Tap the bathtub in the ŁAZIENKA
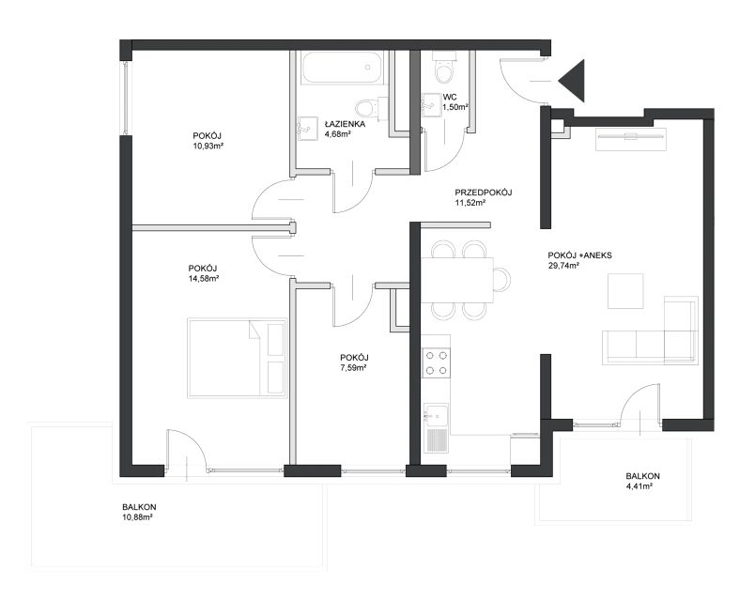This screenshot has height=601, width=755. tap(342, 68)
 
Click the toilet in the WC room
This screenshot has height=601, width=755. tap(443, 68)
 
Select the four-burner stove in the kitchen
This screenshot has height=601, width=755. tap(437, 363)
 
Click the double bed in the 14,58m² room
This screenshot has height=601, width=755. tap(237, 358)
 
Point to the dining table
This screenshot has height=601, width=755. tap(457, 280)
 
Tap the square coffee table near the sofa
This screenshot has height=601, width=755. tap(625, 291)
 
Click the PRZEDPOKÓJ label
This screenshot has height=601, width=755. tap(483, 193)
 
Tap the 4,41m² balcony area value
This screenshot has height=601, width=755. tap(639, 486)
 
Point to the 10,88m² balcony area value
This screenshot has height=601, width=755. tap(138, 517)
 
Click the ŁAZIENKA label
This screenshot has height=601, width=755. tap(345, 124)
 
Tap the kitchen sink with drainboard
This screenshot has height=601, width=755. tap(436, 427)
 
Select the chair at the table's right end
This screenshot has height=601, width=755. tap(502, 280)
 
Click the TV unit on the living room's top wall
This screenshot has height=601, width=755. tap(631, 139)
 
